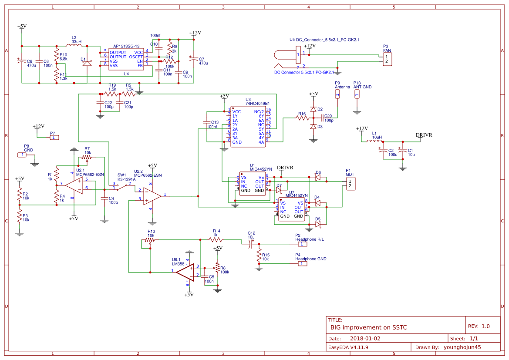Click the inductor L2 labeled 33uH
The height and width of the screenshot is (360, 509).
[x=74, y=45]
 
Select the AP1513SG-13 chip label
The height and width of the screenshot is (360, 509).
[x=126, y=46]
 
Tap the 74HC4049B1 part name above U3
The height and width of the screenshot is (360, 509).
[x=257, y=104]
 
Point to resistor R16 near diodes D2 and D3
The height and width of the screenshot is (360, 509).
[x=302, y=118]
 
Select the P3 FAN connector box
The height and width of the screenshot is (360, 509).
[x=387, y=59]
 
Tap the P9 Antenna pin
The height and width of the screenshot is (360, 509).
[x=337, y=94]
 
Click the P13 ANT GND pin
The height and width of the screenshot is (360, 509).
[x=357, y=94]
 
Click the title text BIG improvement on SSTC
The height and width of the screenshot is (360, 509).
[x=368, y=327]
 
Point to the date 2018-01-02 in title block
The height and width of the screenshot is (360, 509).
[x=365, y=338]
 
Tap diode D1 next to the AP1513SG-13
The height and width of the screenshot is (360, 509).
[x=87, y=63]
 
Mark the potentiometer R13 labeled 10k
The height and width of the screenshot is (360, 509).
[x=150, y=239]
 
